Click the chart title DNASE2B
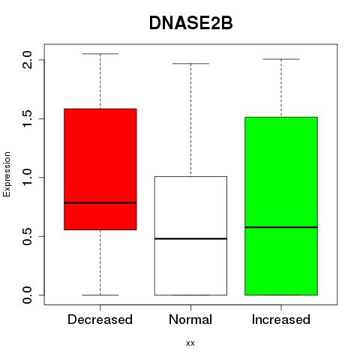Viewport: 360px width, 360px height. click(190, 23)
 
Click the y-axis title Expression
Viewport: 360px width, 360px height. click(7, 174)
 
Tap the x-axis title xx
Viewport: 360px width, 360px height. click(190, 343)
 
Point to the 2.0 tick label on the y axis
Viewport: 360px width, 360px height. click(27, 60)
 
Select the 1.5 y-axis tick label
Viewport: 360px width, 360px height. click(27, 118)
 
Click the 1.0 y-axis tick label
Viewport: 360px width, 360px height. click(27, 177)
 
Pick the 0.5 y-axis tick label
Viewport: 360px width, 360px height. click(27, 236)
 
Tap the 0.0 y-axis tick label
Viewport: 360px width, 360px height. click(27, 295)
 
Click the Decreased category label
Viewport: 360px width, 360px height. click(100, 319)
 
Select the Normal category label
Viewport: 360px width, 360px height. click(190, 319)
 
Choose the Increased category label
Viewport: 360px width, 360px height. click(281, 319)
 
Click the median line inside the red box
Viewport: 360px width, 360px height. click(100, 202)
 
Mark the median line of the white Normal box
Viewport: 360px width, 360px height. click(190, 238)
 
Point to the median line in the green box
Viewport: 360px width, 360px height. click(281, 227)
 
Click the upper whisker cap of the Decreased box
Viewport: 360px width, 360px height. click(100, 54)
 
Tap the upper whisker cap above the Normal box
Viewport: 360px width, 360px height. click(190, 64)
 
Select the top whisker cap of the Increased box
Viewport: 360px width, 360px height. click(281, 59)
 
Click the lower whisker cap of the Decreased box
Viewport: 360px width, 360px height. click(100, 295)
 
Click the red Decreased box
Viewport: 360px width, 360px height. click(100, 169)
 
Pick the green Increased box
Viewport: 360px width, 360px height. click(281, 206)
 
